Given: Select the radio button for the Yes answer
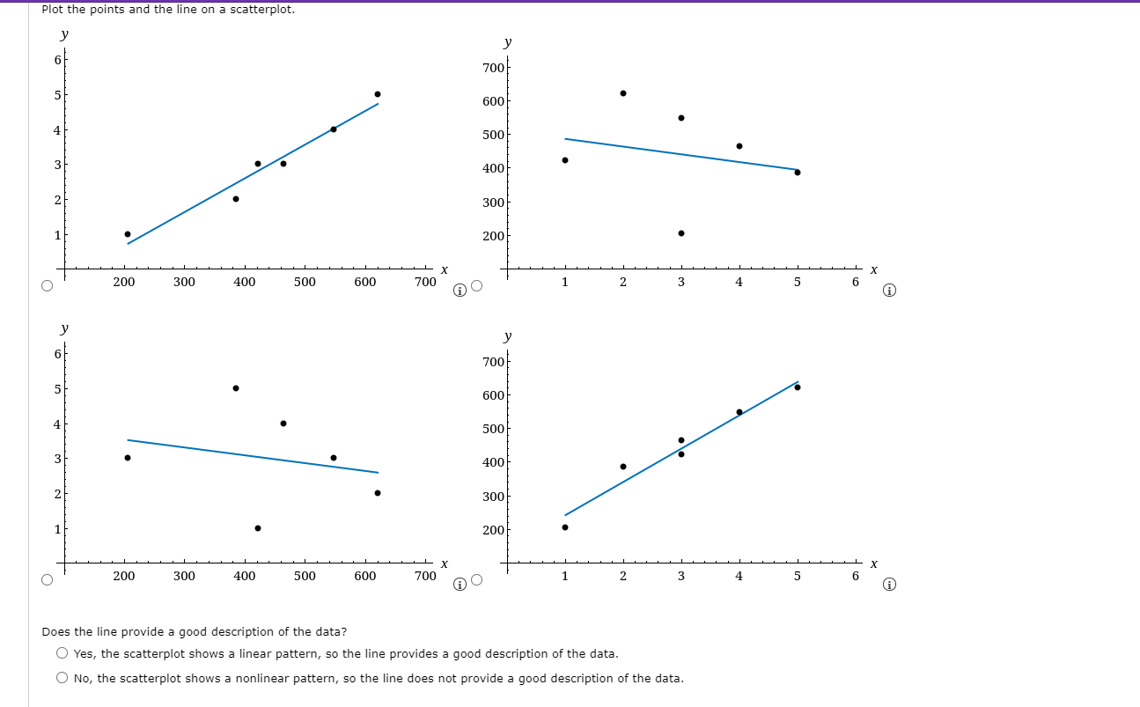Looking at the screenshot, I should coord(62,653).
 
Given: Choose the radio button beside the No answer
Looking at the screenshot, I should coord(62,678).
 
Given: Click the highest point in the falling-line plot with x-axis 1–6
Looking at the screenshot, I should coord(623,93).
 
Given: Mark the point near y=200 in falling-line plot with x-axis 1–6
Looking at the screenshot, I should coord(681,233).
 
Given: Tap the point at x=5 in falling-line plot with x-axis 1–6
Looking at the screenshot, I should coord(798,173).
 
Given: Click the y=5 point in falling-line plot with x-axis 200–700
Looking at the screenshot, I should coord(236,388).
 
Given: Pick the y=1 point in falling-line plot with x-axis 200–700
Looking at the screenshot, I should coord(258,528).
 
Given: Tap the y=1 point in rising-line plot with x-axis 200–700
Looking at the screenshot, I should coord(128,234).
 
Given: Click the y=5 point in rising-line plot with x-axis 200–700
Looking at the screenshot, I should coord(378,94).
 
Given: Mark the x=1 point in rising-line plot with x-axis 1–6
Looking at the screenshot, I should coord(565,527).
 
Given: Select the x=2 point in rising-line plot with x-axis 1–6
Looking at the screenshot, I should coord(623,467).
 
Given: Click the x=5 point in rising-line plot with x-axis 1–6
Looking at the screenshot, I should coord(798,387).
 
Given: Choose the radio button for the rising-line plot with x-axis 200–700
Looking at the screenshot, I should coord(48,285).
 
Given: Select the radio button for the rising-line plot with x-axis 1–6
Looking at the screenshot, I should coord(477,579).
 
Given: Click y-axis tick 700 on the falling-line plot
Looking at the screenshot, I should coord(494,68).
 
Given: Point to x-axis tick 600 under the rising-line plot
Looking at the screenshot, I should coord(365,282).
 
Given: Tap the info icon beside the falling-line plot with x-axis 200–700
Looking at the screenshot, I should coord(460,585).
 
